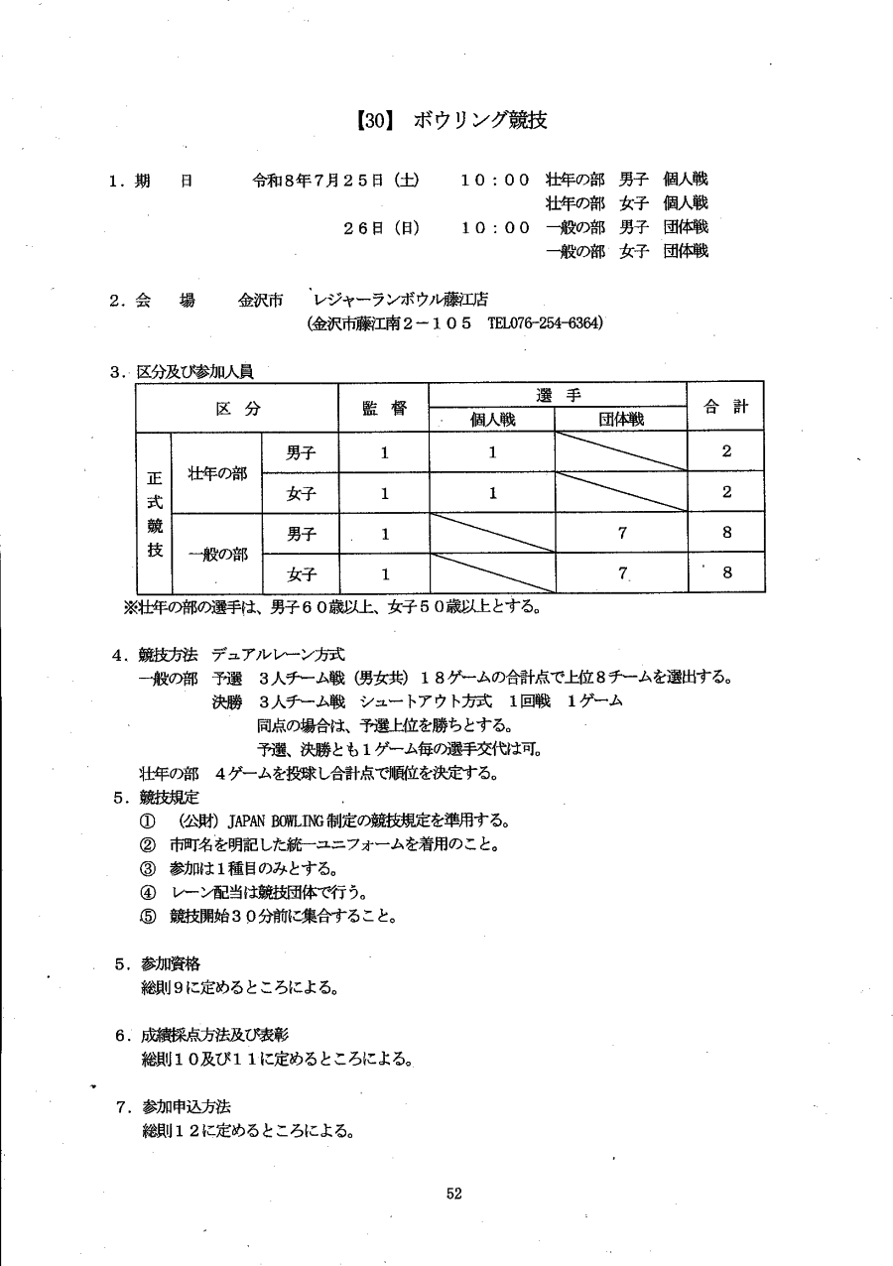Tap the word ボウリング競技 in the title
480,121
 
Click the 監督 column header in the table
384,408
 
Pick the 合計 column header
726,407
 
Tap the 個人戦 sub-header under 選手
492,420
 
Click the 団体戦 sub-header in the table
621,420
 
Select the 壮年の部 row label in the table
217,473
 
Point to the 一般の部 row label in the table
217,554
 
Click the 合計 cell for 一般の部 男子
726,533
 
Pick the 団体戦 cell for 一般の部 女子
621,573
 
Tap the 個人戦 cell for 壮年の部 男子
492,452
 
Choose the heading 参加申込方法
187,1106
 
